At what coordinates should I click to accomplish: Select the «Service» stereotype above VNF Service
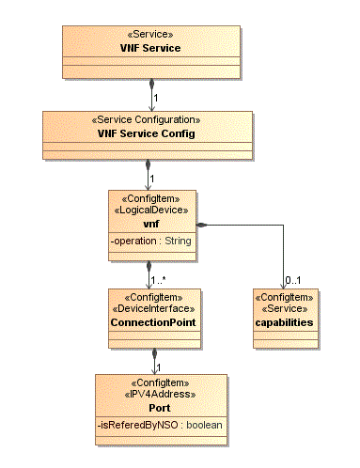click(x=150, y=34)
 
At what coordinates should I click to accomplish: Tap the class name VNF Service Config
click(x=147, y=133)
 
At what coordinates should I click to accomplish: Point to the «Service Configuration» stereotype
click(x=147, y=121)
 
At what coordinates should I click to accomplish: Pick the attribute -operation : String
click(x=150, y=242)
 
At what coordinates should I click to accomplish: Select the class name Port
click(x=160, y=408)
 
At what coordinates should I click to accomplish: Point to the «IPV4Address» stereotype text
click(x=160, y=396)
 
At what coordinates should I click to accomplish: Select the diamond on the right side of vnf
click(x=201, y=226)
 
